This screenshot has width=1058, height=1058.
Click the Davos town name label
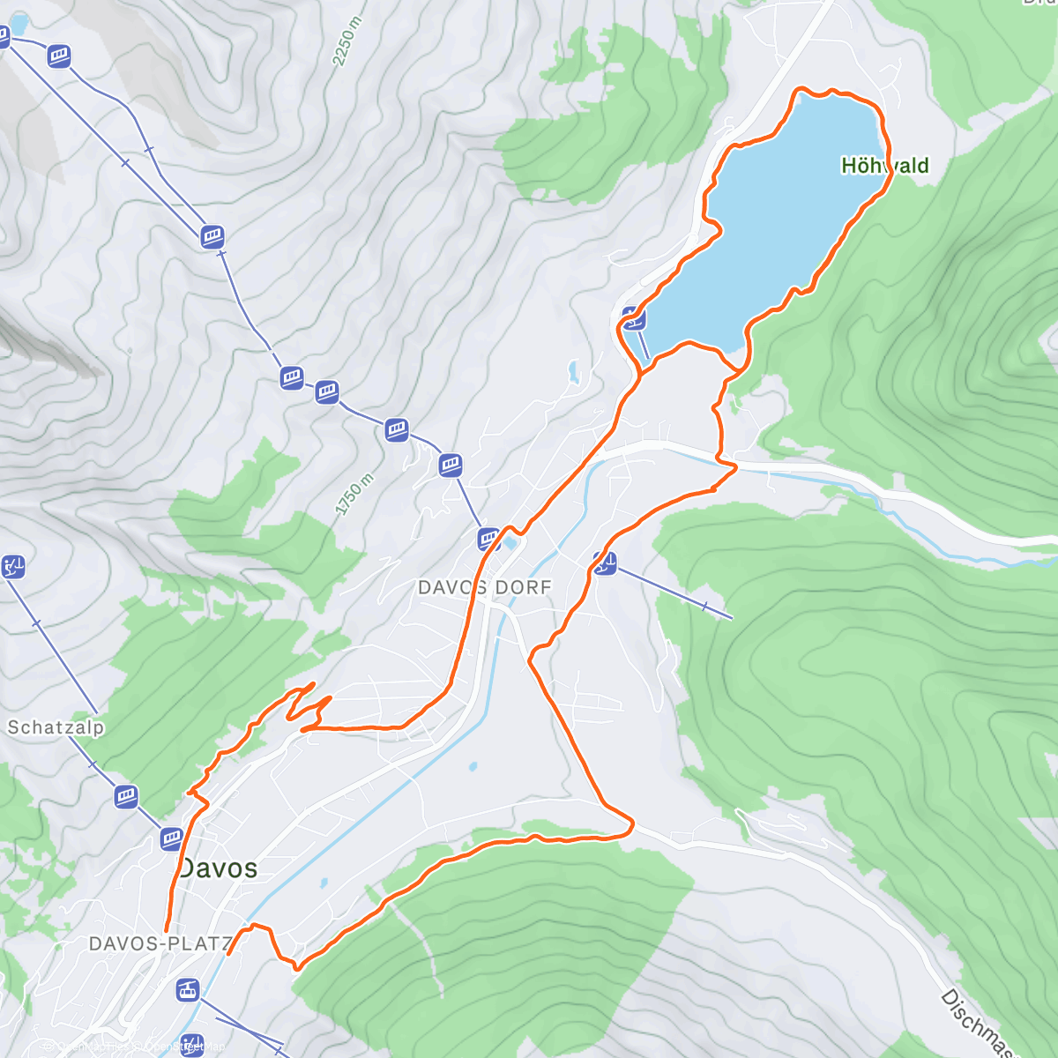point(219,868)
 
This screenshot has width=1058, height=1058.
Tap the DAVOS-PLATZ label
point(160,943)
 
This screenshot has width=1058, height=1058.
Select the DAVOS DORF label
point(484,587)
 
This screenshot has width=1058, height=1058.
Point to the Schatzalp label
point(56,727)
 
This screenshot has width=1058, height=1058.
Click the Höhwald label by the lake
point(884,166)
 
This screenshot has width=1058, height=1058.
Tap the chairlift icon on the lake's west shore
point(632,317)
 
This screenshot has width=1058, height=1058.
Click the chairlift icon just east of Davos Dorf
point(604,562)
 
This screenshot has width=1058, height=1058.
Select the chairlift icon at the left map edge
point(13,566)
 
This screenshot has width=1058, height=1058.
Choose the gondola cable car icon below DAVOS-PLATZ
point(187,990)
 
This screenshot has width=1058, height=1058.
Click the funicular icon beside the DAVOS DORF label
point(489,539)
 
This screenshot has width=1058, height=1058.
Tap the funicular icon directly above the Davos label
point(171,838)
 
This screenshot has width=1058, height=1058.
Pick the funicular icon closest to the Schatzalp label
point(127,796)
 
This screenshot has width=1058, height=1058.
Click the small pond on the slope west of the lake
point(574,371)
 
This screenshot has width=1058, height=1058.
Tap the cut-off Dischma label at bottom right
point(979,1023)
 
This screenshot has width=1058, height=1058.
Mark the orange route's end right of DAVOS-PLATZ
point(228,954)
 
